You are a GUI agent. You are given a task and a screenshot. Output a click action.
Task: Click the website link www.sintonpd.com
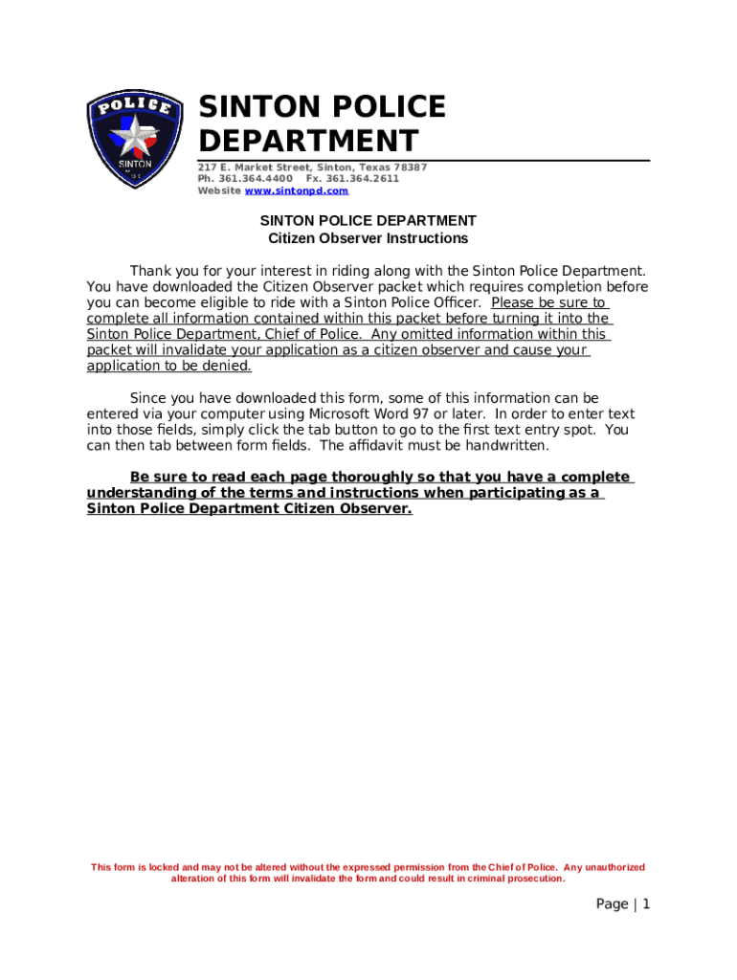pyautogui.click(x=297, y=191)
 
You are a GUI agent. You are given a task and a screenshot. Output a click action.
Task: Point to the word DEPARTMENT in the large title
pyautogui.click(x=308, y=142)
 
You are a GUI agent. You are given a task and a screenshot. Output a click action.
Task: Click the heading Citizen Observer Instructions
pyautogui.click(x=368, y=238)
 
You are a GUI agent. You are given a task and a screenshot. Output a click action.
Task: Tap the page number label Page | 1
pyautogui.click(x=623, y=904)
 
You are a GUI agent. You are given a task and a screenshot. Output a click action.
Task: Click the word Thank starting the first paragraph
pyautogui.click(x=151, y=271)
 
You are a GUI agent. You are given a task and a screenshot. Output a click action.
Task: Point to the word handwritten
pyautogui.click(x=508, y=446)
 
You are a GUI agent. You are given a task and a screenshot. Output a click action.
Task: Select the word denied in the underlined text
pyautogui.click(x=228, y=367)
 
